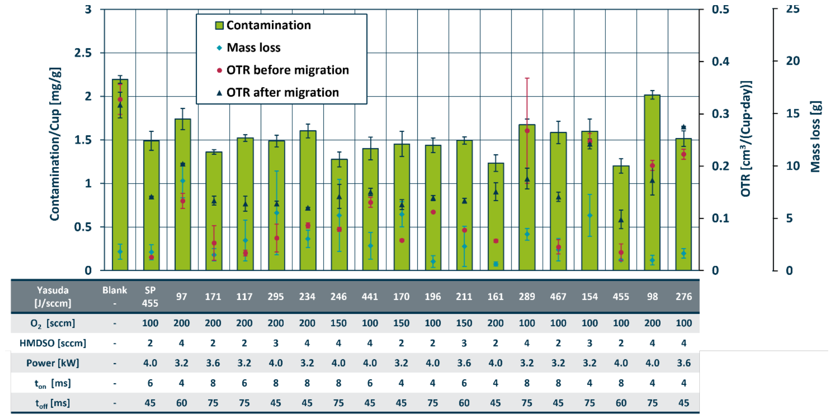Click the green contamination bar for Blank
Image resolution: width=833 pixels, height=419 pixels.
coord(120,175)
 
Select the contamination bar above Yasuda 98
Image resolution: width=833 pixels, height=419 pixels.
coord(652,183)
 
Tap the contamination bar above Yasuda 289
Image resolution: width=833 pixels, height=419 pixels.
coord(527,197)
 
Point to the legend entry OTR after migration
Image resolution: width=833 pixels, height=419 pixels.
coord(278,93)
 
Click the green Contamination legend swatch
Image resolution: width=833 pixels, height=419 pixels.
coord(219,25)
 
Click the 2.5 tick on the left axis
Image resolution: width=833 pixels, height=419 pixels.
coord(83,53)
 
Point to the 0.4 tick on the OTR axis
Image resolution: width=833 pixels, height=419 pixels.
coord(720,62)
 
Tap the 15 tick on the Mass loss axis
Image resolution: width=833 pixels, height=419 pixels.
coord(793,114)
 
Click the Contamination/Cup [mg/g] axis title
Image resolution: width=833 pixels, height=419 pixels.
coord(55,144)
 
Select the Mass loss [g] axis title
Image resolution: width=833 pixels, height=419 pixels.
coord(815,136)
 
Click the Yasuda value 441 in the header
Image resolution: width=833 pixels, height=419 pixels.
coord(370,297)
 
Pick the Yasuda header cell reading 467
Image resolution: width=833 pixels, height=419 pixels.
coord(558,297)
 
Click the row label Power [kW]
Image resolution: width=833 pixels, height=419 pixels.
coord(53,363)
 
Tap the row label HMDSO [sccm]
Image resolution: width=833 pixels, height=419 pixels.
coord(53,343)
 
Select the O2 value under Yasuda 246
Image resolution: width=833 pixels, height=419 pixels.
coord(339,323)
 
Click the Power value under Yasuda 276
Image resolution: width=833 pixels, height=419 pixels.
coord(684,363)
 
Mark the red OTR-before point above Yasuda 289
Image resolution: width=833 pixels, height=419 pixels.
coord(527,131)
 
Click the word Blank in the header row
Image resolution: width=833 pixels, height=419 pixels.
coord(115,290)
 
